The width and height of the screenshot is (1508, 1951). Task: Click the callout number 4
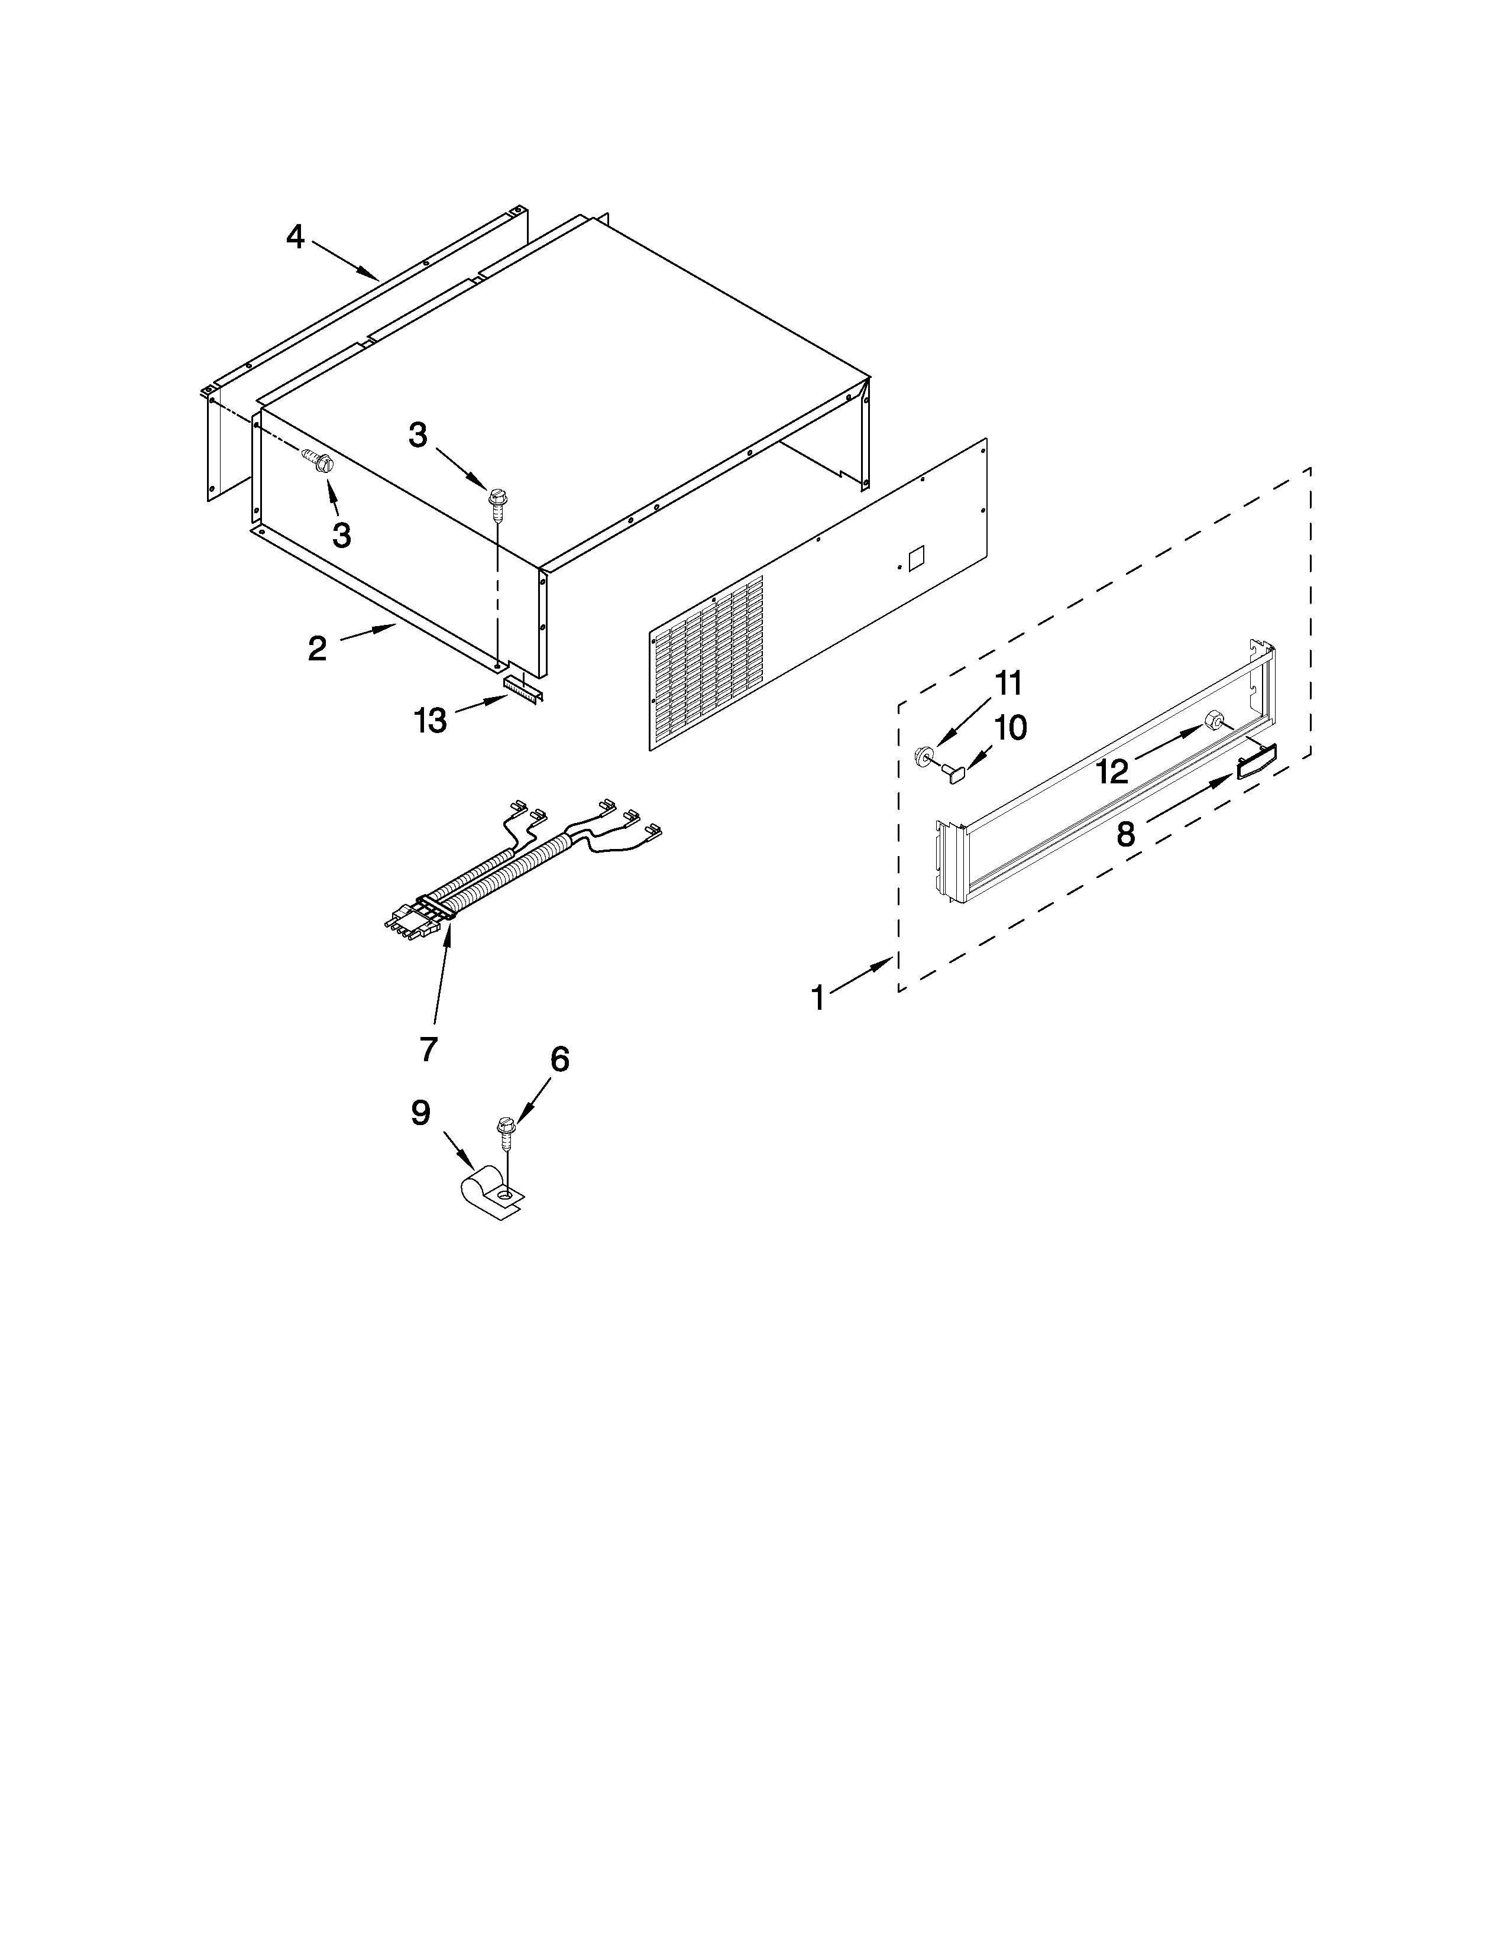[x=296, y=238]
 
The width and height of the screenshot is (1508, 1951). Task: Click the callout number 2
[x=317, y=649]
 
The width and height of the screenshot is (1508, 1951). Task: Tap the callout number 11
[x=1008, y=684]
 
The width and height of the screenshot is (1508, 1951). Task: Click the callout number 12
[x=1113, y=771]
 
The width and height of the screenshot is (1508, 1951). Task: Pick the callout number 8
[x=1125, y=834]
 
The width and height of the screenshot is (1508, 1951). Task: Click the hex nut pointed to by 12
[x=1215, y=720]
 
